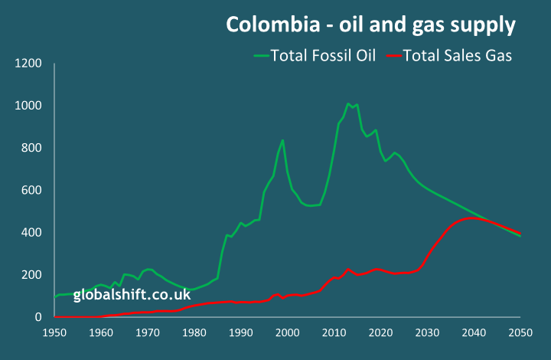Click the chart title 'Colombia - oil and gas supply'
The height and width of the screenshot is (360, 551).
[370, 25]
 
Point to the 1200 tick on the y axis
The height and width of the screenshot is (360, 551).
[28, 63]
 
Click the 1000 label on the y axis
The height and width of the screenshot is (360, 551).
[28, 106]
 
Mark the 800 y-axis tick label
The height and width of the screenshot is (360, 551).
[31, 148]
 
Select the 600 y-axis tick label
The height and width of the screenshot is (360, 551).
[31, 190]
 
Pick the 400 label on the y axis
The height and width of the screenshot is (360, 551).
[31, 232]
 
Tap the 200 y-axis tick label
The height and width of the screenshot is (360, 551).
[31, 274]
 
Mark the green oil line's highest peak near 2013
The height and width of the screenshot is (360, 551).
[348, 103]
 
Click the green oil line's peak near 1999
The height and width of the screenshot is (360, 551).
[283, 140]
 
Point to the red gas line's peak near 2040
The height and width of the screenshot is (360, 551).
[474, 218]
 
